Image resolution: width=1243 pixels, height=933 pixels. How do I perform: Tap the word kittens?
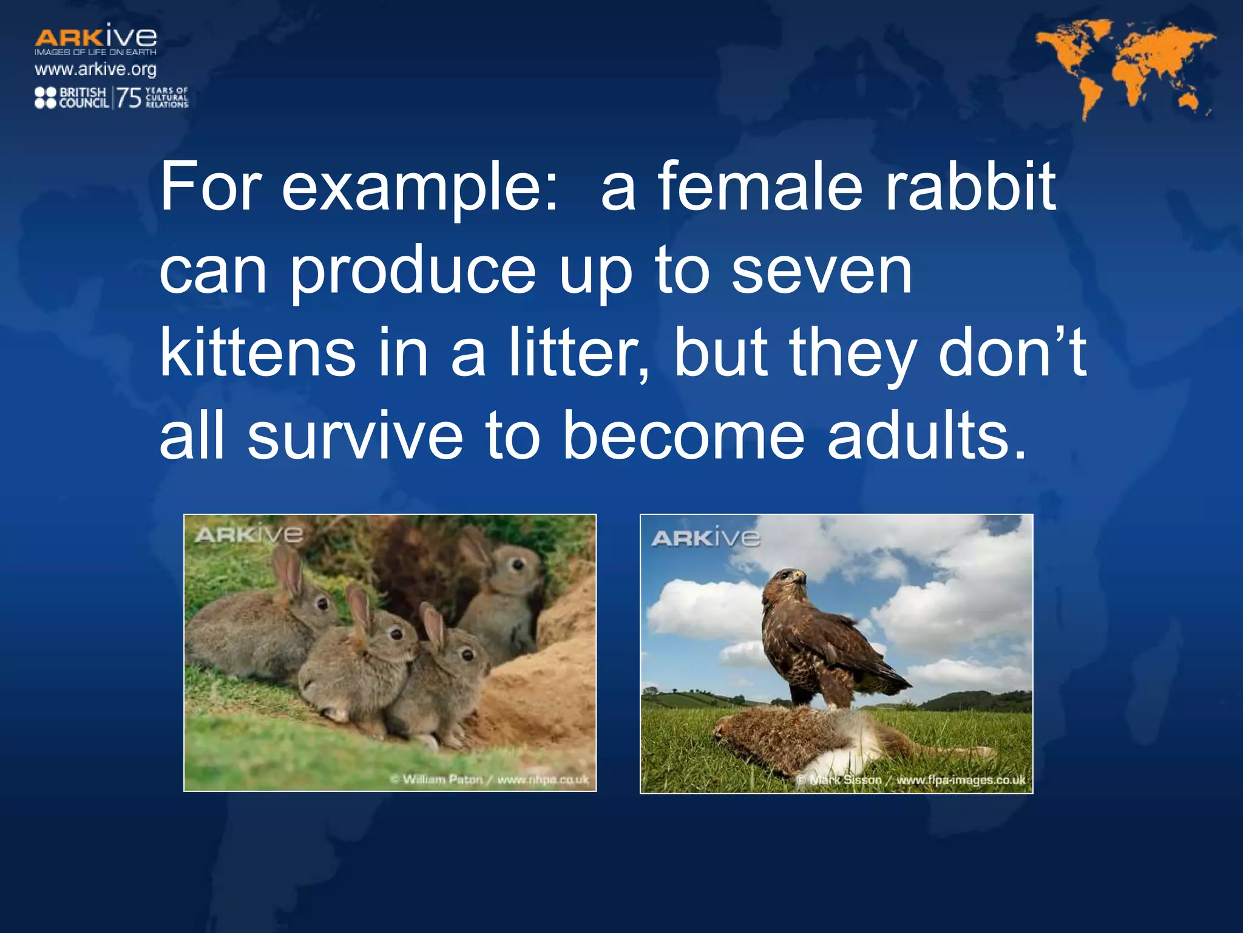257,354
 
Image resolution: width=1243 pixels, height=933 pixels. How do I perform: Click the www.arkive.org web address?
95,69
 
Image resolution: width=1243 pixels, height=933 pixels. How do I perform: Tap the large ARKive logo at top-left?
95,38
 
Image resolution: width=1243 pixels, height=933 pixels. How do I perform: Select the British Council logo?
71,98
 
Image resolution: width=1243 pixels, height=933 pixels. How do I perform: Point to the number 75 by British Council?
129,98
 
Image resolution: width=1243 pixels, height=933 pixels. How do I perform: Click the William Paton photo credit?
489,779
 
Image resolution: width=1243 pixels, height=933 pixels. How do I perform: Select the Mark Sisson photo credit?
910,780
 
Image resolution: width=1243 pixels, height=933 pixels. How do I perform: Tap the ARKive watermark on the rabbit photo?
248,535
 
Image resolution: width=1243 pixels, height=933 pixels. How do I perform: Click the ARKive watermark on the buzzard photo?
705,538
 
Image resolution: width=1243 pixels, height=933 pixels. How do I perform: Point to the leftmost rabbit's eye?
323,603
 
